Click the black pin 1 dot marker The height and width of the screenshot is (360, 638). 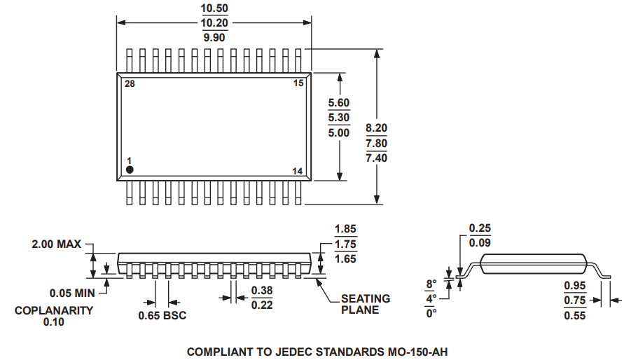[130, 169]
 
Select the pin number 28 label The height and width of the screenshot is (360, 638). [130, 84]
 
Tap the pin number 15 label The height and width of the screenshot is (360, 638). [298, 84]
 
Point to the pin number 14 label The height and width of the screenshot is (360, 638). [298, 172]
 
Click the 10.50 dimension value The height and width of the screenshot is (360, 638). [214, 9]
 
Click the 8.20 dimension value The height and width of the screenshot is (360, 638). [376, 128]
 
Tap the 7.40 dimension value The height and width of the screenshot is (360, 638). [376, 158]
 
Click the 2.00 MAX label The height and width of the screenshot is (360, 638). [56, 244]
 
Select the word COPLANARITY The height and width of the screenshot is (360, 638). [54, 310]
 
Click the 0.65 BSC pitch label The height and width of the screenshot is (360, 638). [162, 316]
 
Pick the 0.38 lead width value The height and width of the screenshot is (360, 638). [262, 291]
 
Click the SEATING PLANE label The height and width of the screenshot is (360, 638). [366, 304]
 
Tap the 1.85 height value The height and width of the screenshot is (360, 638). [346, 229]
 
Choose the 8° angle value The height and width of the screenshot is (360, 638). [431, 284]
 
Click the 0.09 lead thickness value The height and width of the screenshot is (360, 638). [480, 243]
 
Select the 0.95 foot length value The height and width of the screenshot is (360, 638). [575, 286]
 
